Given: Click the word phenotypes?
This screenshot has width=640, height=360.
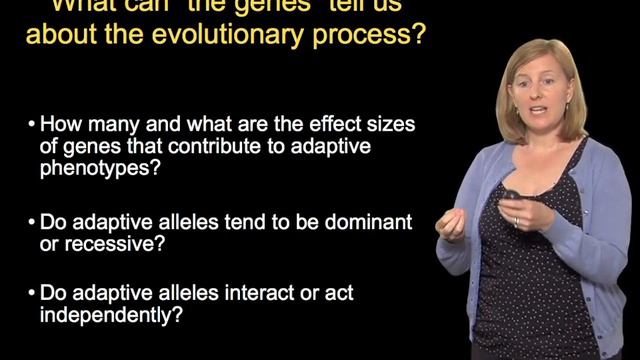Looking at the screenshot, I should pos(98,170).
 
